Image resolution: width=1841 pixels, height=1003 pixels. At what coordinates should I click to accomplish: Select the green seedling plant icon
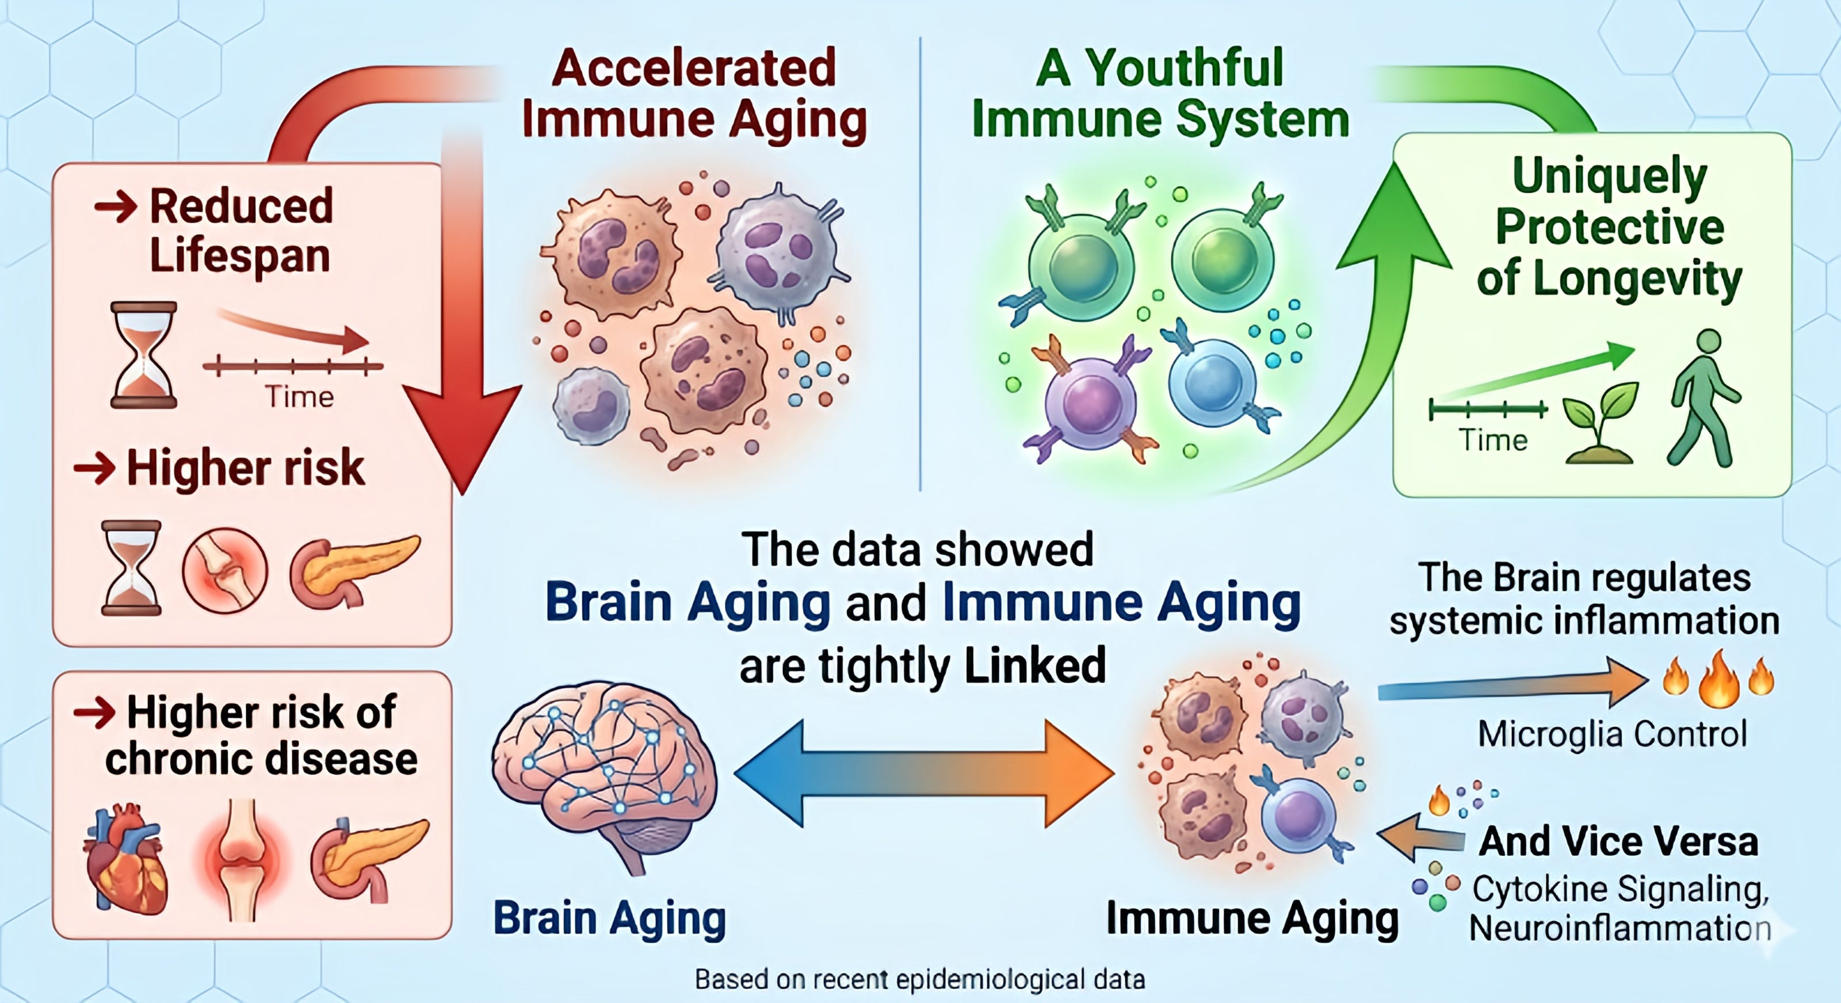1599,422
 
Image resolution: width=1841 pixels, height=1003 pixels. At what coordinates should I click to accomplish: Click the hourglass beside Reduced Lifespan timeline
144,354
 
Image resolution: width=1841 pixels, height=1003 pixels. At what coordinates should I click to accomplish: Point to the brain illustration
604,772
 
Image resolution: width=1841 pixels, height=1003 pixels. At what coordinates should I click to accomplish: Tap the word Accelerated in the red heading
693,68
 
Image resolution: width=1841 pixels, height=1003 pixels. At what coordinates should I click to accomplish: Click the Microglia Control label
1612,734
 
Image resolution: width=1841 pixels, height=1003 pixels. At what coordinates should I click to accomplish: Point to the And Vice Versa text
1618,841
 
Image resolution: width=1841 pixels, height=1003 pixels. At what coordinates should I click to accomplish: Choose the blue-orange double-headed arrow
923,773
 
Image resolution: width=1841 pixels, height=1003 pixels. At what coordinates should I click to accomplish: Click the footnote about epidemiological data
920,979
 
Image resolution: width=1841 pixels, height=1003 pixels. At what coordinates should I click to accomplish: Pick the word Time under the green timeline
1492,440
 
